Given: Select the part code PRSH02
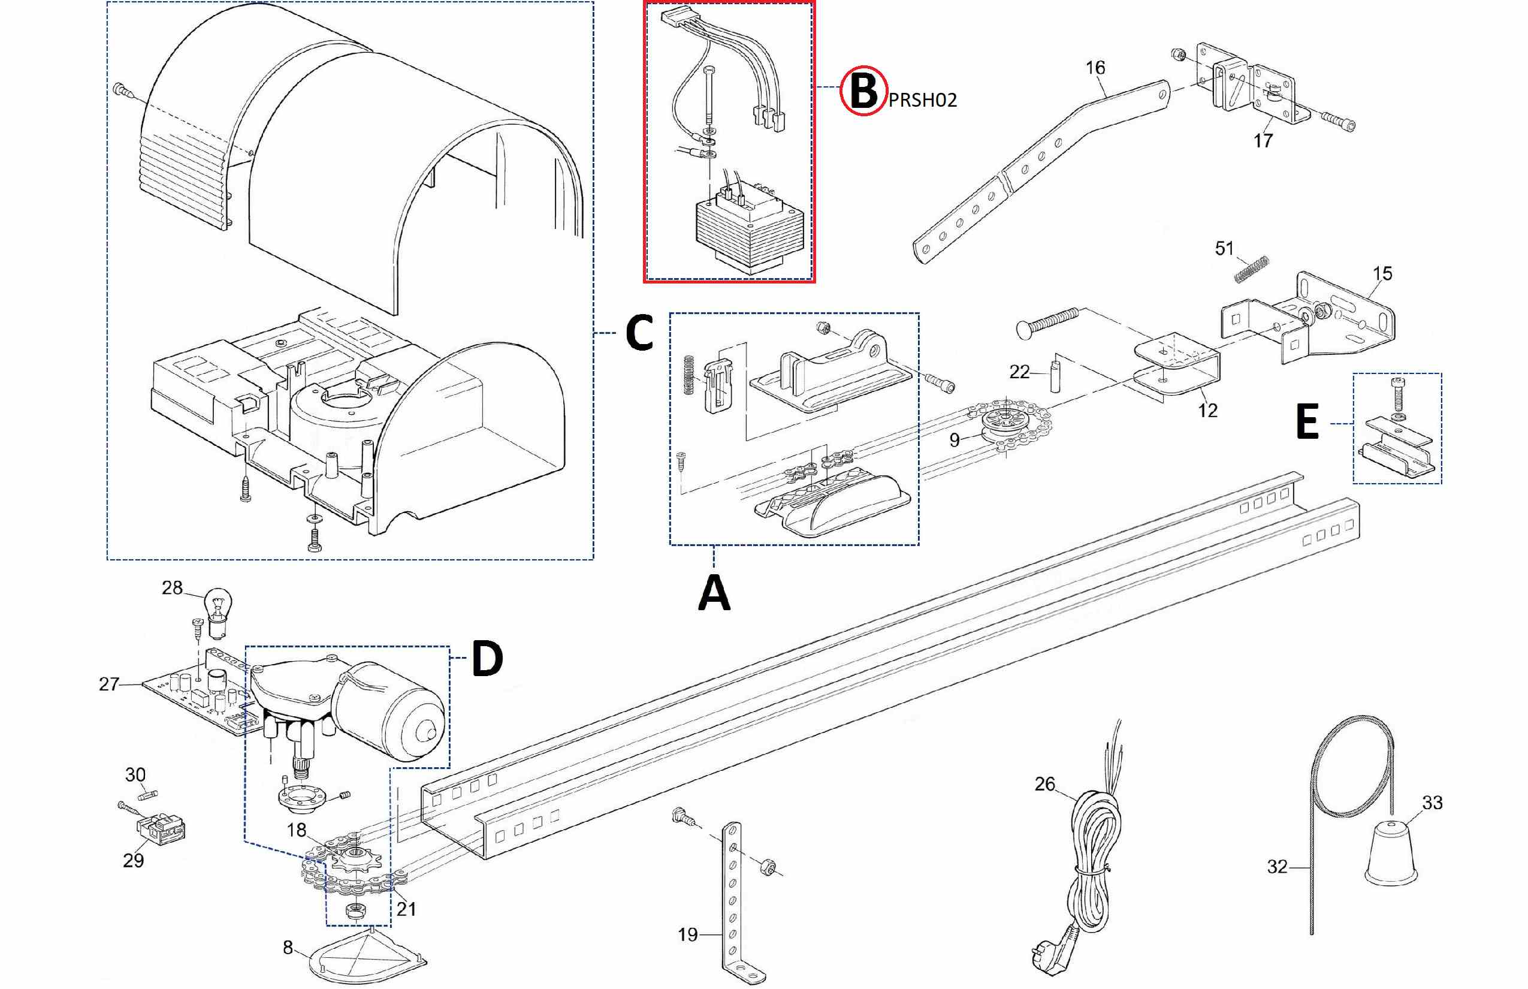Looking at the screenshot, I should point(923,100).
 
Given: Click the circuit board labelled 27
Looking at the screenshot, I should point(192,696).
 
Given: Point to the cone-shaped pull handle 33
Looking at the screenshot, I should point(1390,851).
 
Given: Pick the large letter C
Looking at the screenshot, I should point(639,333).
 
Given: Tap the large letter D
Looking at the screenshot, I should point(487,659).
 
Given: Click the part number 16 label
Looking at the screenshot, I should point(1095,67).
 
